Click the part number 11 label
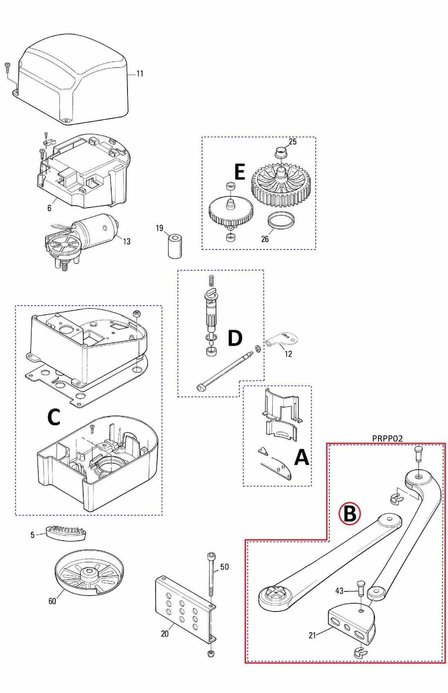point(140,74)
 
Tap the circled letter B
point(350,513)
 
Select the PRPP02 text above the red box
point(387,439)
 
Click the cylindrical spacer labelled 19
point(175,245)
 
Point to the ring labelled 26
point(281,221)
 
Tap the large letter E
point(240,172)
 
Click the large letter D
point(235,338)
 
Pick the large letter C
point(54,417)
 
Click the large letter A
point(302,457)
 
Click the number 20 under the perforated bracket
point(165,634)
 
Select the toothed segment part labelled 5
point(66,533)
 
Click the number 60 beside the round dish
point(52,601)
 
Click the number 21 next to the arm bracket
point(312,635)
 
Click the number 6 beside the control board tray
point(49,208)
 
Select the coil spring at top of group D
point(211,280)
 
